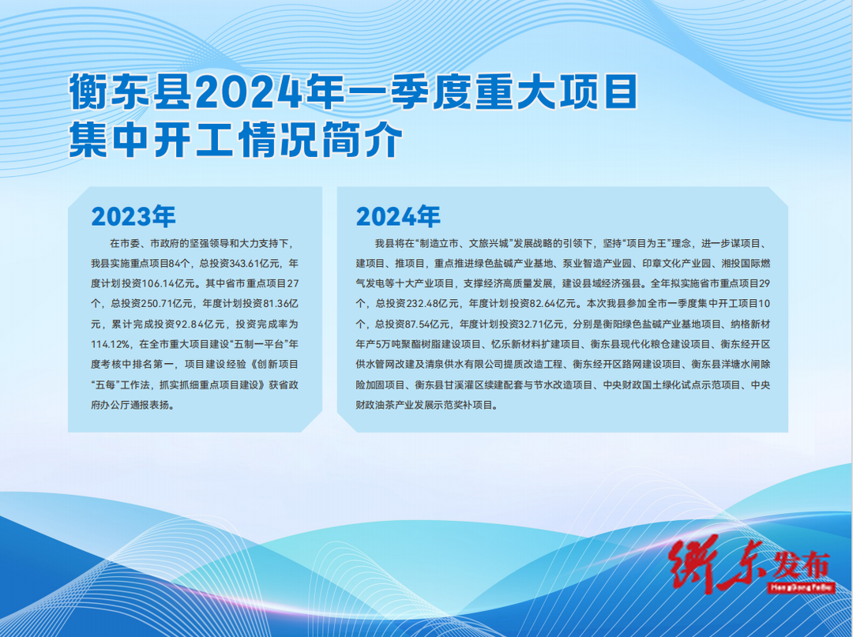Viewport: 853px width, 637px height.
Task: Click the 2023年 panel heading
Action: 133,216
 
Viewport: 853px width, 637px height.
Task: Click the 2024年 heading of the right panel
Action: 398,216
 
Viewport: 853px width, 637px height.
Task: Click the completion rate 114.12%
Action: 111,345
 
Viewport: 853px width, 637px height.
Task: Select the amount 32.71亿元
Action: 541,324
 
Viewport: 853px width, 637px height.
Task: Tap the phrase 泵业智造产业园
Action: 597,264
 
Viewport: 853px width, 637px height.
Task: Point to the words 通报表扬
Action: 149,406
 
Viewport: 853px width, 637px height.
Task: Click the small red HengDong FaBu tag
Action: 802,587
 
